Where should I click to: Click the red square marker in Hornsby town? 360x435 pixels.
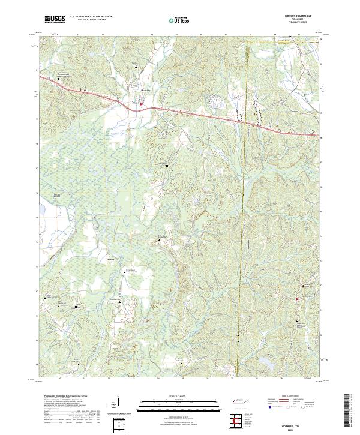(141, 105)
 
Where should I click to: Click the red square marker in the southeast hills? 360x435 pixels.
(299, 321)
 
